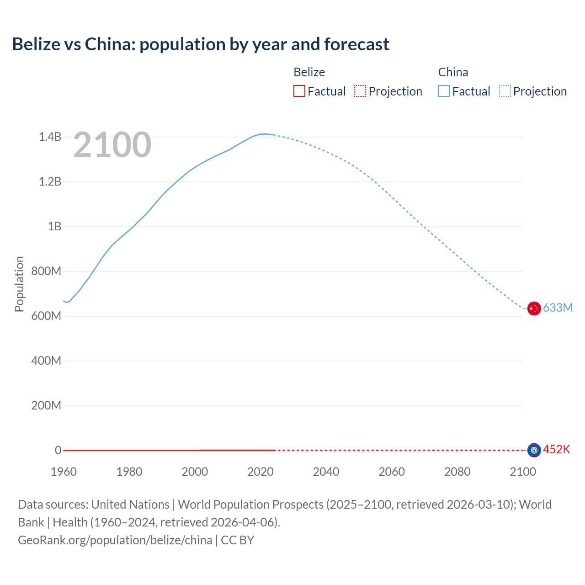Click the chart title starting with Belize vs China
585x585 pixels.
(201, 44)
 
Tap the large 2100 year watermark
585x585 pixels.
(112, 145)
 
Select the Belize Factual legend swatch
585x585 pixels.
(299, 91)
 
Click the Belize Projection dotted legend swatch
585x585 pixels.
(360, 91)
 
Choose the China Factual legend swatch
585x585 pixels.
(444, 91)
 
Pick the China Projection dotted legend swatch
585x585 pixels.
(505, 91)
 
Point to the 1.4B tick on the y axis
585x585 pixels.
(50, 137)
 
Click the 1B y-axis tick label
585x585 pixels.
(54, 226)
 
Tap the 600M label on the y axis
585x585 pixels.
(46, 316)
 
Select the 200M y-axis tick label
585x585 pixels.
(46, 405)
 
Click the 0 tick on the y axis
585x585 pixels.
(58, 450)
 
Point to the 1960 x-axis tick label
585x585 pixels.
(64, 472)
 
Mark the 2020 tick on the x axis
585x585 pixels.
(261, 472)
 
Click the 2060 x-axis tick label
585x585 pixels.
(392, 472)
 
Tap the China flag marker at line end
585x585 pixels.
(534, 308)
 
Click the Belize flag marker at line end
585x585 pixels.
(534, 450)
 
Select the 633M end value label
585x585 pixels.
(558, 308)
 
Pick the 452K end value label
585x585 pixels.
(557, 449)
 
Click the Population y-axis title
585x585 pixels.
(19, 284)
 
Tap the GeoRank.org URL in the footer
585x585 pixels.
(115, 540)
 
